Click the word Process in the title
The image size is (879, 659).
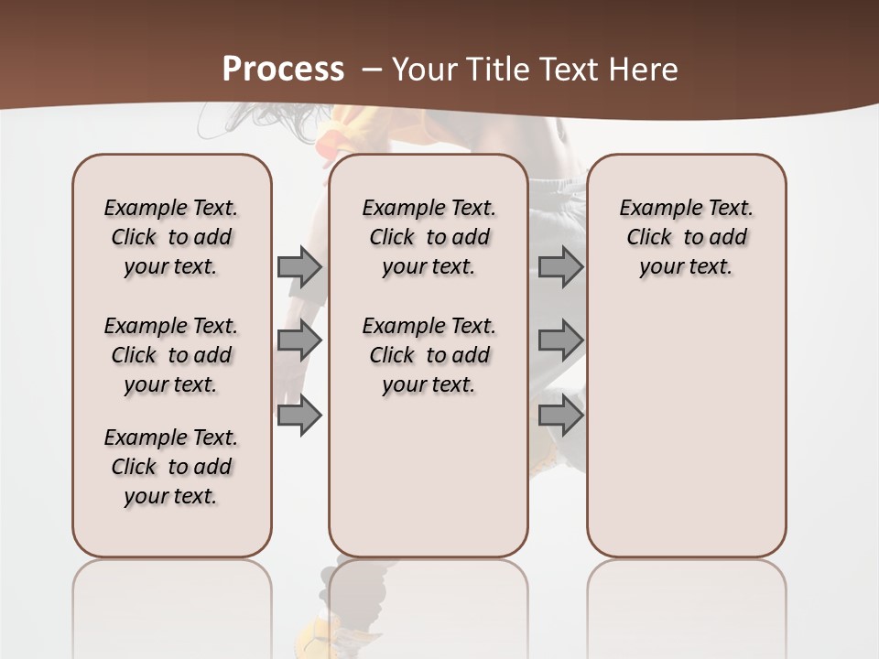pyautogui.click(x=283, y=70)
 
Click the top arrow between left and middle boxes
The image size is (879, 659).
pyautogui.click(x=299, y=266)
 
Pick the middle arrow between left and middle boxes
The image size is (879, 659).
pyautogui.click(x=299, y=340)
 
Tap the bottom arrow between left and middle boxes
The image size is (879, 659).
pyautogui.click(x=299, y=415)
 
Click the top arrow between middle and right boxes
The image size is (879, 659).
pyautogui.click(x=560, y=266)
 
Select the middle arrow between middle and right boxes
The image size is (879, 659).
pyautogui.click(x=560, y=340)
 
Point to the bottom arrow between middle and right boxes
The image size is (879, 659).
pyautogui.click(x=560, y=415)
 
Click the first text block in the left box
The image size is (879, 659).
pyautogui.click(x=171, y=237)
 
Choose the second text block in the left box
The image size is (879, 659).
pyautogui.click(x=171, y=355)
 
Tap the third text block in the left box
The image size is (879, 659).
pyautogui.click(x=171, y=467)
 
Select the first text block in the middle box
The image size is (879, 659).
pyautogui.click(x=429, y=237)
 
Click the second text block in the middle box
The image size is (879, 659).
pyautogui.click(x=429, y=355)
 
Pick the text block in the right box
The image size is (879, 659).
pyautogui.click(x=686, y=237)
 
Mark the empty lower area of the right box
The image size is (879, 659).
pyautogui.click(x=686, y=430)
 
